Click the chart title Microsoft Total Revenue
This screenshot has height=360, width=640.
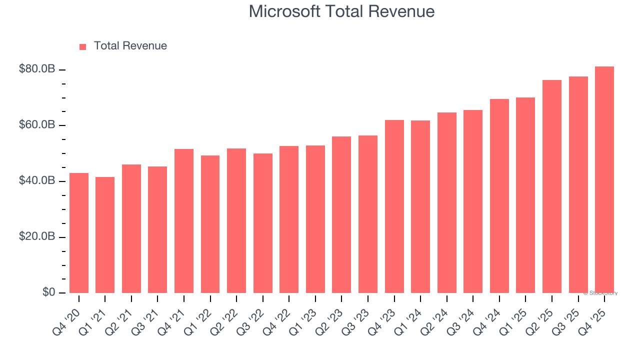341,11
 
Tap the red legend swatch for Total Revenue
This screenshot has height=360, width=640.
83,47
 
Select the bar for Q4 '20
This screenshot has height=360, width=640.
79,233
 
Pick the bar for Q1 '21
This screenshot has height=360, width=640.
105,235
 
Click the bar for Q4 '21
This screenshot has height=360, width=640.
184,221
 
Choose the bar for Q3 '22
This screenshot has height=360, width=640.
263,223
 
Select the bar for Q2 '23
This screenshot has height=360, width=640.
341,215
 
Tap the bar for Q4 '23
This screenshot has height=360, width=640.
394,206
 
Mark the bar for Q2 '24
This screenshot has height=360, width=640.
447,203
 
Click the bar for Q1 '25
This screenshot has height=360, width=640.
525,195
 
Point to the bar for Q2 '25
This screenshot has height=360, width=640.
552,186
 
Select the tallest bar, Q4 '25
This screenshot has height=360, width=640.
604,180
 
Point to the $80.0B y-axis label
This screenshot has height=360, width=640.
37,69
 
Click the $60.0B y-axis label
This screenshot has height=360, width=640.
37,125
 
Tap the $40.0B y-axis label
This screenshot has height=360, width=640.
37,181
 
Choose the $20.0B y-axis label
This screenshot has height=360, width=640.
37,237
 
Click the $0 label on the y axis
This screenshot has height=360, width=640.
48,292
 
